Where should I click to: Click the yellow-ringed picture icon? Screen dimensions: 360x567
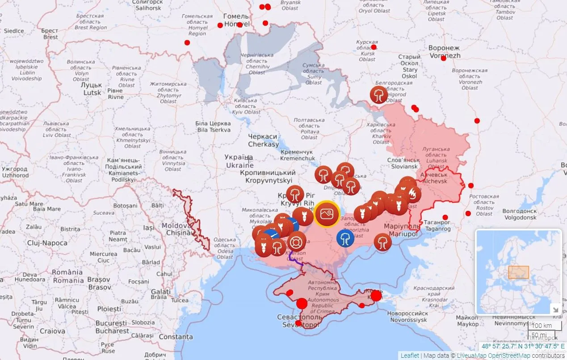(x=327, y=214)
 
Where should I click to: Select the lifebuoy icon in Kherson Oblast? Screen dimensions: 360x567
(x=297, y=241)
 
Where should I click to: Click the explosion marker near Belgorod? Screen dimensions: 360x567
(x=379, y=95)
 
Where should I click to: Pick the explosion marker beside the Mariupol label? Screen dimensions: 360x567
(x=382, y=243)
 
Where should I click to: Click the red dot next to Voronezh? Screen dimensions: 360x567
(x=443, y=58)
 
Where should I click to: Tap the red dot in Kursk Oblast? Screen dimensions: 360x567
(x=374, y=47)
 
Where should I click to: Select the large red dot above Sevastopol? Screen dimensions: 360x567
(x=302, y=303)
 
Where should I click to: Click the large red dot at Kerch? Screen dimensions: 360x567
(x=376, y=296)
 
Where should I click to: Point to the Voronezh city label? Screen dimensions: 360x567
(x=444, y=52)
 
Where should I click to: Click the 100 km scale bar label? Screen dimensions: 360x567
(x=542, y=325)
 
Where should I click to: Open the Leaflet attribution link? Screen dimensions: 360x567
(x=409, y=356)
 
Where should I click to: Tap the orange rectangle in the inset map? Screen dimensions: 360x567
(x=518, y=272)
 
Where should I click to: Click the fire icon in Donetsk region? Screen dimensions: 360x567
(x=413, y=194)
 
